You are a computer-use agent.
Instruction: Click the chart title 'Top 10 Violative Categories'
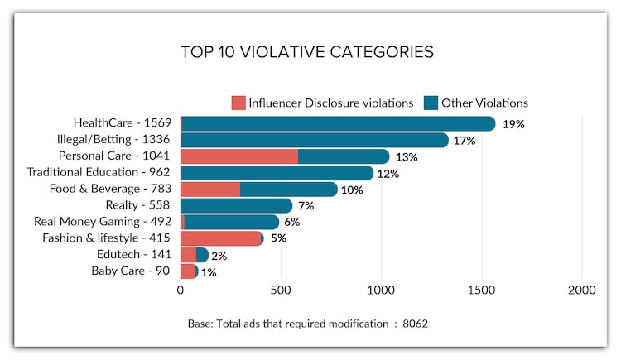pos(306,52)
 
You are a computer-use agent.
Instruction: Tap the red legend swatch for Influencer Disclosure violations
pos(238,103)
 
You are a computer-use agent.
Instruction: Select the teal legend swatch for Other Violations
pos(431,103)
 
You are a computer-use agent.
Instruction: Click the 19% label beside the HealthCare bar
pos(514,124)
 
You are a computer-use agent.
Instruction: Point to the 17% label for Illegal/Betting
pos(465,141)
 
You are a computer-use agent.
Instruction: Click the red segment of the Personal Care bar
pos(238,156)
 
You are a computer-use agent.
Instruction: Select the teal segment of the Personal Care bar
pos(343,156)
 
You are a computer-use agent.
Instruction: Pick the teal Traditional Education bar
pos(277,173)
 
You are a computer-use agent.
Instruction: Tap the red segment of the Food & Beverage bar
pos(210,190)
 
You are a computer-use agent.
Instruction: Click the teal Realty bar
pos(236,205)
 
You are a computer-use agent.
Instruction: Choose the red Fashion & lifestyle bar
pos(219,238)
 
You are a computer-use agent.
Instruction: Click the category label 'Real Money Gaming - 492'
pos(102,222)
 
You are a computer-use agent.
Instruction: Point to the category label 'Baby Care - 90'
pos(130,271)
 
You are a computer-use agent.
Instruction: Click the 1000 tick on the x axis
pos(381,290)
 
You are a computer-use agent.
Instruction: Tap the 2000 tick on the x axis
pos(582,290)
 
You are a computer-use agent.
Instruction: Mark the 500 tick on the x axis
pos(281,290)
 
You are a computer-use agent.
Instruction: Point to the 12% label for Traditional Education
pos(389,174)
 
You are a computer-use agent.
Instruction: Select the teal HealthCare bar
pos(338,124)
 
